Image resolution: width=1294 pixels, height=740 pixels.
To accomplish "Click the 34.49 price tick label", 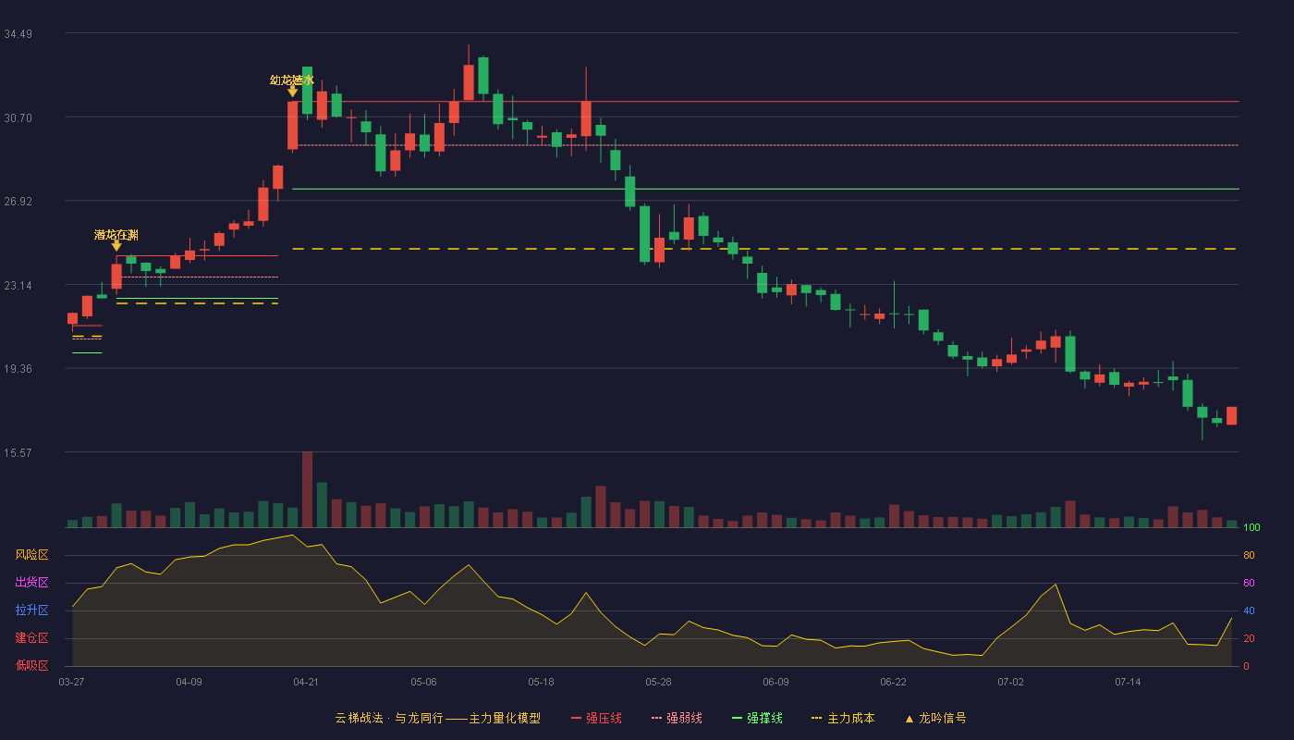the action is click(18, 34).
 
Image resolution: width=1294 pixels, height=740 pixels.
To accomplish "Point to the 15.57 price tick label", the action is click(18, 452).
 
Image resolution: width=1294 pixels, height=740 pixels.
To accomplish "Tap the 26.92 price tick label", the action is click(18, 202).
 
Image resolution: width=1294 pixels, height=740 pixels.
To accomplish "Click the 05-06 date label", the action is click(423, 683).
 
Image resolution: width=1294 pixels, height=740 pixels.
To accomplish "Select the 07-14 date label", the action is click(1128, 683).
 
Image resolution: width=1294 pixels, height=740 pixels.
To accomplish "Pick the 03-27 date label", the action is click(72, 683).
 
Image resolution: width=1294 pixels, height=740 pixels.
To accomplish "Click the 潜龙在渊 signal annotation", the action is click(116, 235).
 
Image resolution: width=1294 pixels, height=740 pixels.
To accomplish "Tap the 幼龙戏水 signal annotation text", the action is click(292, 80).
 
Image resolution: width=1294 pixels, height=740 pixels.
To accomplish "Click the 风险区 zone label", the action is click(31, 554).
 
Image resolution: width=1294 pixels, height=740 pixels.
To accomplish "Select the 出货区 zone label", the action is click(31, 582).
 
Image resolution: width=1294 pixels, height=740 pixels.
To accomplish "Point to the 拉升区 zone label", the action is click(31, 610).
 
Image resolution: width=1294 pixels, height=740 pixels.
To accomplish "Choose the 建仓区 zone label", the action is click(31, 637).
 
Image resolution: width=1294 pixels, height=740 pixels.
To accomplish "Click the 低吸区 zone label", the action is click(31, 665).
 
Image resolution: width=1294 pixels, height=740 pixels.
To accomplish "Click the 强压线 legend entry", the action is click(596, 718).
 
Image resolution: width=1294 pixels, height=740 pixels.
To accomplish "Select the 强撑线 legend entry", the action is click(757, 718).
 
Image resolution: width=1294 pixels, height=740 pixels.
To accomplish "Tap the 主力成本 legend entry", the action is click(843, 718).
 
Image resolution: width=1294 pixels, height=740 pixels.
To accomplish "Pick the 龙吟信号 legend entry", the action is click(935, 718).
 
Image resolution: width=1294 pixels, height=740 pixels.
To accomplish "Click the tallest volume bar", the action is click(307, 489).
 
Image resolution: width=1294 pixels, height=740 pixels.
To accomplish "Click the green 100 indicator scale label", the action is click(1251, 527).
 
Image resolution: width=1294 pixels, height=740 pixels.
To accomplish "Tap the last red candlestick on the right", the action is click(1231, 415).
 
